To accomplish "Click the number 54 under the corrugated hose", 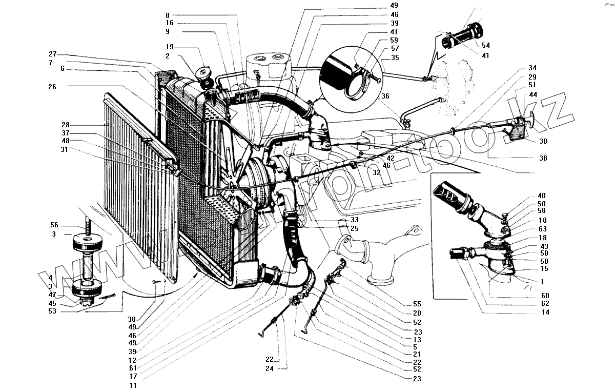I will (x=486, y=46).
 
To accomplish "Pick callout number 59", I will (x=394, y=40).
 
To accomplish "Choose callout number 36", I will (x=385, y=95).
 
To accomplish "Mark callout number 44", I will (x=533, y=95).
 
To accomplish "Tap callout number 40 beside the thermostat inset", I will (x=542, y=195).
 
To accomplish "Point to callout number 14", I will (x=545, y=312).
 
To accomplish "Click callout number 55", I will (x=417, y=303).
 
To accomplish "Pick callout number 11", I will (x=133, y=385).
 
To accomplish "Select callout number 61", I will (x=133, y=368).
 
